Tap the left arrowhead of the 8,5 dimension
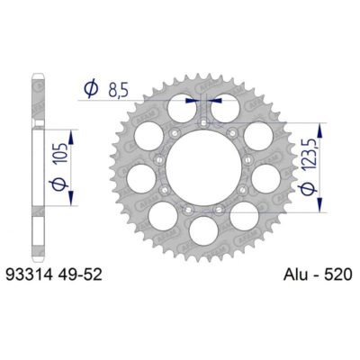191,101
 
